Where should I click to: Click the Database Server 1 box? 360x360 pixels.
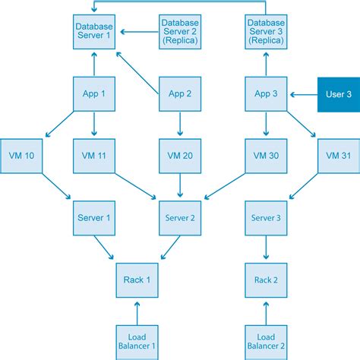94,33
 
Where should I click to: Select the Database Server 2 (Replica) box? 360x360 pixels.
181,33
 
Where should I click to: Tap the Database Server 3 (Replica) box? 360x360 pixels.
267,33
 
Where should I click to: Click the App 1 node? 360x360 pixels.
94,95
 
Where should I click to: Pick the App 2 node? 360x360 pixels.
181,95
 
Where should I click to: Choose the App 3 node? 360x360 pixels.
267,95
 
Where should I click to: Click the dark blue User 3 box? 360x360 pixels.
338,95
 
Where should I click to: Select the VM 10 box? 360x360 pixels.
22,156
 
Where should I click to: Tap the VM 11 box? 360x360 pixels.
94,156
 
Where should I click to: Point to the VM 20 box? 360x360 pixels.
181,156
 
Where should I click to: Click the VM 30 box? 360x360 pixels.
267,156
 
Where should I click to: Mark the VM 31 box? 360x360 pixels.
338,156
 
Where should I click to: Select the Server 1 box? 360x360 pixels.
94,219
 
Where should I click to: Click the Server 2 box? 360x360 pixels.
181,219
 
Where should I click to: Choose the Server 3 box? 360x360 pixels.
267,219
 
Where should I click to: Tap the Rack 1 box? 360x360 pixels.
137,280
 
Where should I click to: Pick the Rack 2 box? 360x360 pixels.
267,280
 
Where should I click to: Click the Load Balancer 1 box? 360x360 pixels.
137,340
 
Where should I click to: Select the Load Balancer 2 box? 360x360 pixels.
267,340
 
